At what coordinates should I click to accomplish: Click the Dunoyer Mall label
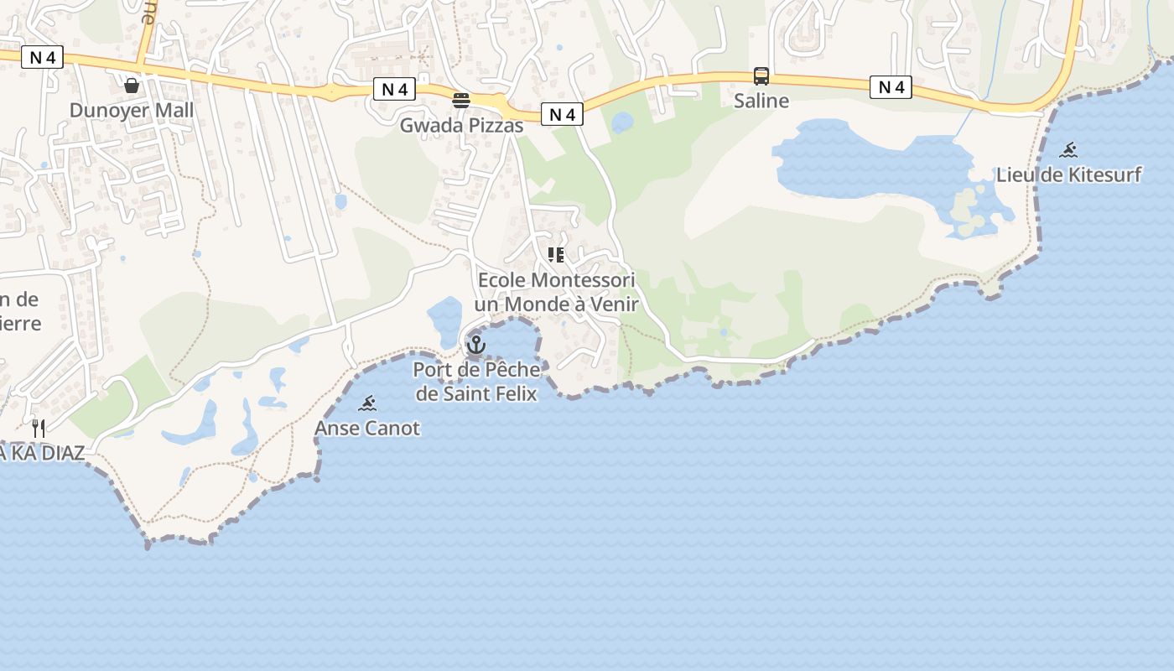pyautogui.click(x=131, y=110)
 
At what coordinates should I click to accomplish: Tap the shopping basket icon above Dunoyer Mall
pyautogui.click(x=132, y=86)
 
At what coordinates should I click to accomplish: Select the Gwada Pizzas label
pyautogui.click(x=461, y=126)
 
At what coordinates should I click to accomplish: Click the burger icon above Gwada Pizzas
pyautogui.click(x=461, y=101)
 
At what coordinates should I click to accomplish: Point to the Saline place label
pyautogui.click(x=761, y=101)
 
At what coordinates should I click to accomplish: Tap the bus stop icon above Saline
pyautogui.click(x=761, y=76)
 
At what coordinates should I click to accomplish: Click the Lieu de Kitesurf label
pyautogui.click(x=1068, y=174)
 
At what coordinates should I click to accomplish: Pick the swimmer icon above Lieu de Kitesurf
pyautogui.click(x=1068, y=151)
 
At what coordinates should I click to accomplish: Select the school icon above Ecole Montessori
pyautogui.click(x=556, y=254)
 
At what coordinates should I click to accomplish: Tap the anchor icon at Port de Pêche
pyautogui.click(x=476, y=344)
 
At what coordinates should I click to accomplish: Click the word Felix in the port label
pyautogui.click(x=513, y=393)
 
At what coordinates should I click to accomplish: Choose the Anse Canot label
pyautogui.click(x=367, y=428)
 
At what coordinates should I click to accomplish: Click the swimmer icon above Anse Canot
pyautogui.click(x=367, y=403)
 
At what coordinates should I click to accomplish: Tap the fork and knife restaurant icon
pyautogui.click(x=39, y=428)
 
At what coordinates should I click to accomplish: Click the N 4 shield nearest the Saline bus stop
pyautogui.click(x=890, y=86)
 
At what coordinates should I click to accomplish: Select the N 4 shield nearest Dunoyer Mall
pyautogui.click(x=42, y=57)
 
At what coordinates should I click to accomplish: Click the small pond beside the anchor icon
pyautogui.click(x=444, y=319)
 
